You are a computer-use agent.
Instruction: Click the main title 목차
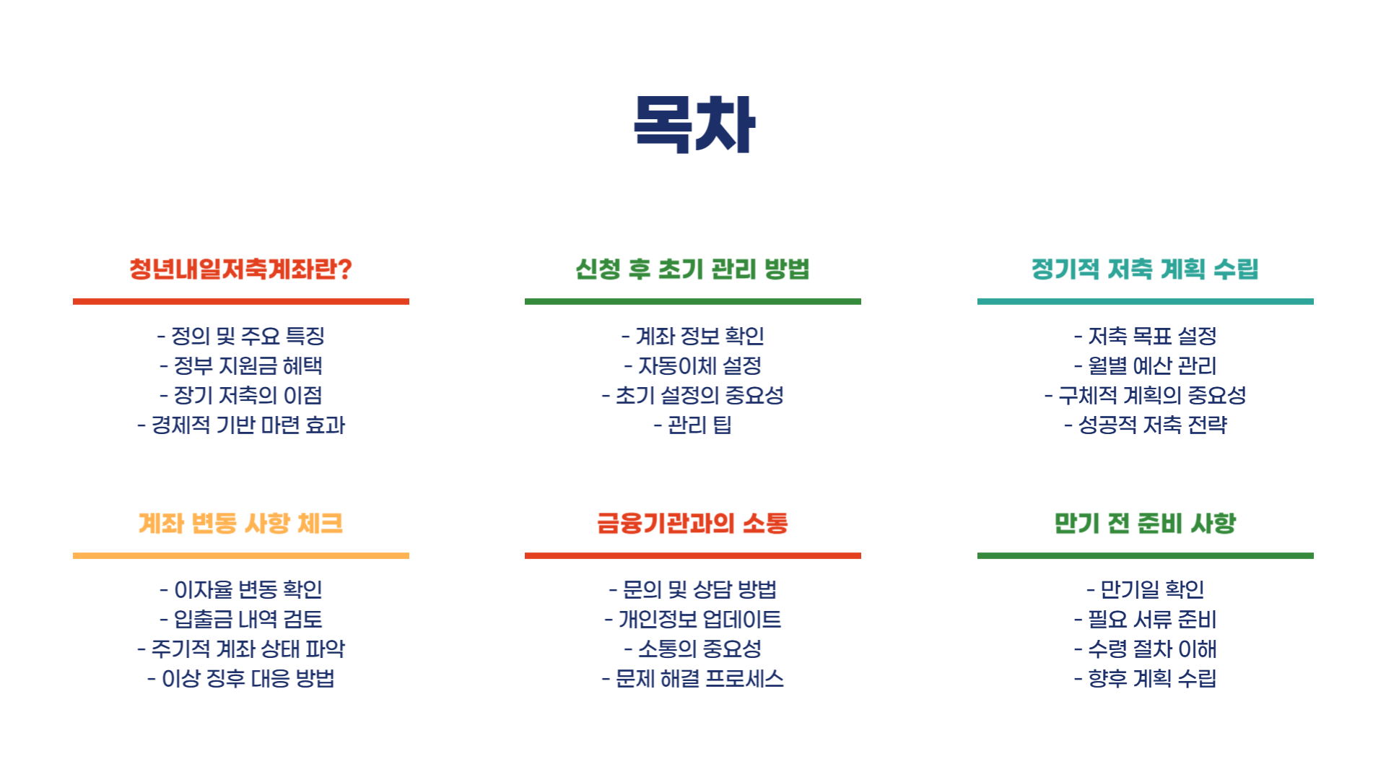[x=694, y=124]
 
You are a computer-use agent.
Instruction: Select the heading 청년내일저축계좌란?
[x=240, y=269]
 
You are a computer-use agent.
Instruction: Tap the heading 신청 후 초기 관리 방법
[x=692, y=269]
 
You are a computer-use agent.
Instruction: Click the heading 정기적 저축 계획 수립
[x=1145, y=269]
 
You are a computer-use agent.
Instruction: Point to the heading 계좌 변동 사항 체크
[x=240, y=523]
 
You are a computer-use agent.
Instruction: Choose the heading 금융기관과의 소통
[x=692, y=523]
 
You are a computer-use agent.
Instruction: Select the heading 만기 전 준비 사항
[x=1145, y=523]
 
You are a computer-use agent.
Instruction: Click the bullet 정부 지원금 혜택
[x=241, y=366]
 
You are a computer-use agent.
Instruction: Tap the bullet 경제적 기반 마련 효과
[x=241, y=425]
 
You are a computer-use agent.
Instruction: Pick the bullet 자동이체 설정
[x=693, y=366]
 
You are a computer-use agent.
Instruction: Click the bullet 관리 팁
[x=693, y=425]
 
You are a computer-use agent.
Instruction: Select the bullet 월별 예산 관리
[x=1146, y=366]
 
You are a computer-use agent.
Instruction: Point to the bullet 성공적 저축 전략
[x=1146, y=425]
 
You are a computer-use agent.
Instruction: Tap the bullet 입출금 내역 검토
[x=241, y=620]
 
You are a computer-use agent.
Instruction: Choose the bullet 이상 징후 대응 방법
[x=241, y=679]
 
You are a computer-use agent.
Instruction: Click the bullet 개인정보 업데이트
[x=693, y=620]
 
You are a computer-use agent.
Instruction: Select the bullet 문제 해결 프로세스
[x=693, y=679]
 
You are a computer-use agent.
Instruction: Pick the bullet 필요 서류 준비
[x=1146, y=620]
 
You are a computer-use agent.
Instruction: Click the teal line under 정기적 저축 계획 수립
[x=1145, y=301]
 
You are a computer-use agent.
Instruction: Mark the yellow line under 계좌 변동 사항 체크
[x=240, y=555]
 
